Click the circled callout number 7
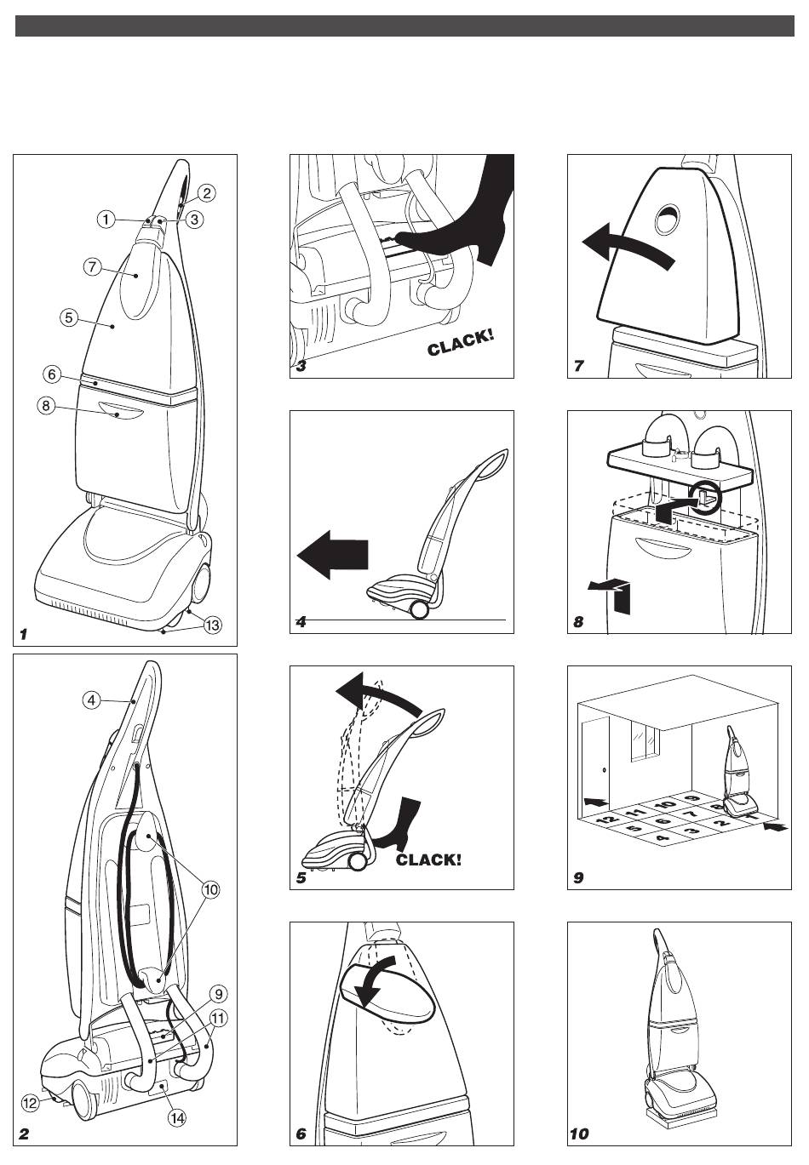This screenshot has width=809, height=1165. tap(92, 267)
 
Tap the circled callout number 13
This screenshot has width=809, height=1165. tap(212, 625)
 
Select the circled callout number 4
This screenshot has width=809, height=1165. tap(92, 700)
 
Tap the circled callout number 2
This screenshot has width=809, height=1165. tap(207, 193)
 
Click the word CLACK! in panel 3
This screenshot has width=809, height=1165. tap(460, 343)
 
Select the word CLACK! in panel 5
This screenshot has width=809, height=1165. tap(428, 859)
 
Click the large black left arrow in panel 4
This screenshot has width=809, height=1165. tap(332, 554)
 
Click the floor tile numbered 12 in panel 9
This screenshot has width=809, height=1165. tap(607, 819)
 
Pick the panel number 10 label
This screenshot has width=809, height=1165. tap(579, 1134)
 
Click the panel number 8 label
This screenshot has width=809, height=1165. tap(578, 622)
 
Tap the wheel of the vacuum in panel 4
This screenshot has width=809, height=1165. tap(419, 610)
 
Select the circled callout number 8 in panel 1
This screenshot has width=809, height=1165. tap(46, 404)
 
